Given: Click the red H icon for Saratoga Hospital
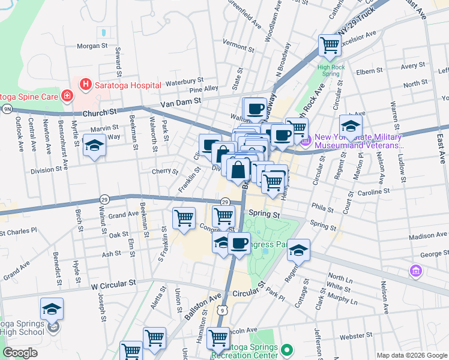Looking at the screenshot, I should pos(86,85).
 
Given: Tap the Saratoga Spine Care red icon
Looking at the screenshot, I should pos(68,95).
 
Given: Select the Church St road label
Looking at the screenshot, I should pos(100,112).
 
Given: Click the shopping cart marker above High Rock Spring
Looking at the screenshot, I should pos(330,44).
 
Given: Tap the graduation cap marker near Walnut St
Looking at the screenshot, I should pos(94,146).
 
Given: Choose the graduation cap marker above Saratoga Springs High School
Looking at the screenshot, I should pos(52,309).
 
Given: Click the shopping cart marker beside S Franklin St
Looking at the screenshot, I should pos(184,217).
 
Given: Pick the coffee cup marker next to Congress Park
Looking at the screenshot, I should pos(239,244).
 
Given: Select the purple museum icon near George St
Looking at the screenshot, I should pos(415,272).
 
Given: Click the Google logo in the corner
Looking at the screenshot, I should pos(20,353).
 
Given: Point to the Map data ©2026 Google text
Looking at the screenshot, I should pos(411,355).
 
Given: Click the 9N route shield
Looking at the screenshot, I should pos(7,109).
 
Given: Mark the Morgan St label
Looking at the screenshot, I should pos(92,46).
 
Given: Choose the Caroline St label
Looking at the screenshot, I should pos(373,192).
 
